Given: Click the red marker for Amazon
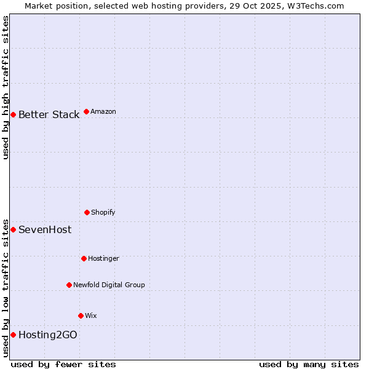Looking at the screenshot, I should [86, 111].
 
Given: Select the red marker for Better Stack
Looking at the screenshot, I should [13, 114].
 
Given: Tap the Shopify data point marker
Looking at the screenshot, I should [87, 212].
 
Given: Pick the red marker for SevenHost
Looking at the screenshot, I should [13, 229].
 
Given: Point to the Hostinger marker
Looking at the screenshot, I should [84, 258].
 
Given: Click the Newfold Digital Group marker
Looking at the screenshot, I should [69, 285].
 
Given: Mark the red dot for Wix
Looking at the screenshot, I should [81, 315].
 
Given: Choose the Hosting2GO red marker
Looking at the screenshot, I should [13, 335].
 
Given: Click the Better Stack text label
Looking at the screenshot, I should [49, 115].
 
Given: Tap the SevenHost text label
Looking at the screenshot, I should [45, 230].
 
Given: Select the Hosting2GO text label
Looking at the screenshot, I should [48, 335].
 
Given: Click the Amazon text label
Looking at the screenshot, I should [103, 112].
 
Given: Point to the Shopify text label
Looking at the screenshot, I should [103, 213].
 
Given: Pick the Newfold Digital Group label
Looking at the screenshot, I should [109, 285].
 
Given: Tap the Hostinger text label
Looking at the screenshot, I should [103, 259].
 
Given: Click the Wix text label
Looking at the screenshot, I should [91, 316].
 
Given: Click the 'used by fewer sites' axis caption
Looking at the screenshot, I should [63, 364].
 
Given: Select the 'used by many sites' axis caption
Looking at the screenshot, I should [309, 364].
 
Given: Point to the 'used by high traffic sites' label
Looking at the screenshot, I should [6, 87].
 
